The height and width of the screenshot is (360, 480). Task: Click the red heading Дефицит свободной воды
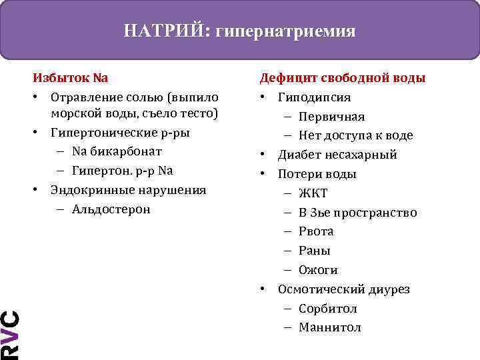click(x=343, y=78)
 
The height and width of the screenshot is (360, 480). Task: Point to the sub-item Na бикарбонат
click(x=117, y=151)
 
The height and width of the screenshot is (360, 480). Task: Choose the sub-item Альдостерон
click(x=111, y=209)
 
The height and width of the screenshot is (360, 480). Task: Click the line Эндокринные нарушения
click(x=128, y=190)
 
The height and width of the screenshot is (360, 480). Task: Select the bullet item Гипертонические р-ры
click(x=120, y=132)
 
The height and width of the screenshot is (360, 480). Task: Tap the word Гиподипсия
click(x=314, y=97)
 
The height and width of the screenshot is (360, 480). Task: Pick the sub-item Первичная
click(x=331, y=117)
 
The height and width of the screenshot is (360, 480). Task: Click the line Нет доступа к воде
click(x=356, y=135)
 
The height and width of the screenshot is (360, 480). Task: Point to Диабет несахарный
click(x=337, y=155)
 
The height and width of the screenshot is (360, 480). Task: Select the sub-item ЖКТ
click(x=313, y=193)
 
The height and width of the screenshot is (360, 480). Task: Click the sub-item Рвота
click(x=316, y=231)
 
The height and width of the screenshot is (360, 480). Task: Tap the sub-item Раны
click(x=315, y=251)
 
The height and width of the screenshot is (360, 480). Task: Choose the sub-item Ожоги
click(x=318, y=270)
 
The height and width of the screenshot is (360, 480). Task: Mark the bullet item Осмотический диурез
click(x=343, y=289)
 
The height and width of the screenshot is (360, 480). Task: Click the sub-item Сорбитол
click(x=328, y=309)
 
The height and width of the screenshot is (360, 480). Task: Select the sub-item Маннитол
click(x=330, y=327)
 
